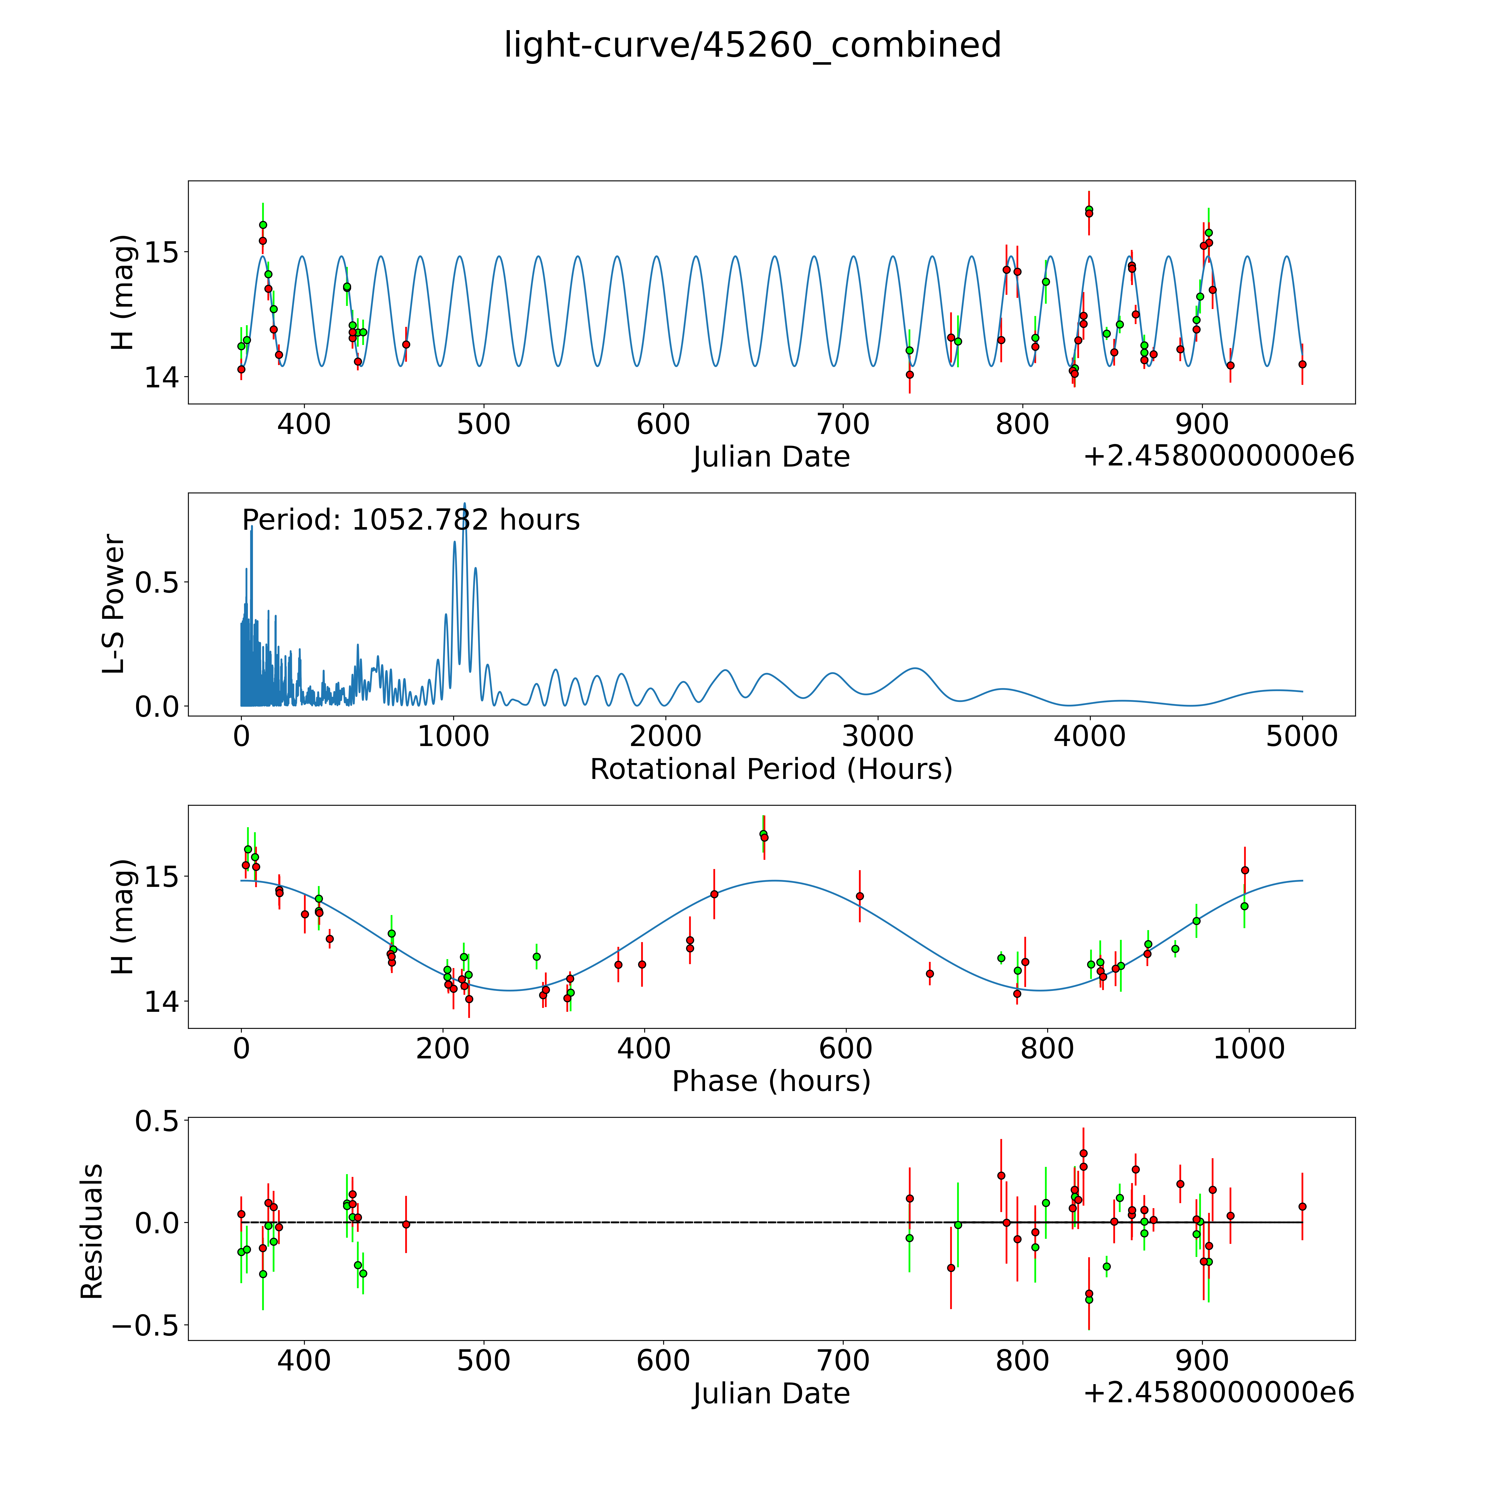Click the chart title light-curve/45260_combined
click(x=752, y=45)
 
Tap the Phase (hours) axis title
click(x=771, y=1081)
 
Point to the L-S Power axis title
click(x=114, y=604)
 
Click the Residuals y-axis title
click(x=92, y=1232)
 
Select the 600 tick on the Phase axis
click(x=846, y=1048)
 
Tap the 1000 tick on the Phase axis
click(x=1249, y=1048)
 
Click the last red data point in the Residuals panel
click(x=1302, y=1207)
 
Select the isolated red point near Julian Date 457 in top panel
click(x=406, y=344)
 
